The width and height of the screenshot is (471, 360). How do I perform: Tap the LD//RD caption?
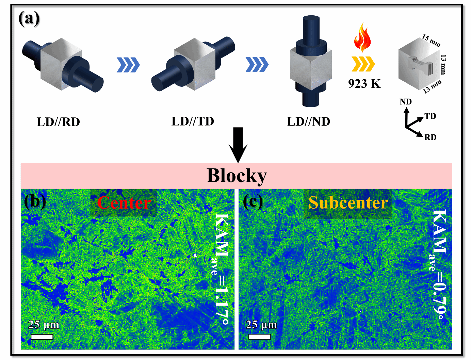[x=58, y=122]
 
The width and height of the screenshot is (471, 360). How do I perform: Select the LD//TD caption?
[x=193, y=121]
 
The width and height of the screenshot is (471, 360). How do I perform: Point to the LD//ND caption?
[x=308, y=121]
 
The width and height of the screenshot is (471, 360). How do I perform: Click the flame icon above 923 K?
[x=362, y=37]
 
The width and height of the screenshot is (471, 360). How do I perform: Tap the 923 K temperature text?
[x=364, y=83]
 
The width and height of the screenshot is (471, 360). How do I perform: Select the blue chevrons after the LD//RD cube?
[x=128, y=65]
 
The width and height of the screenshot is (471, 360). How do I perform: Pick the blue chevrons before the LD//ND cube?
[x=257, y=65]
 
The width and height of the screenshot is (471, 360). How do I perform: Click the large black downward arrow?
[x=238, y=144]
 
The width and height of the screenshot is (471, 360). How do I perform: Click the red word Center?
[x=124, y=203]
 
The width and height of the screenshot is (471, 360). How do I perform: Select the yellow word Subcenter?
[x=348, y=203]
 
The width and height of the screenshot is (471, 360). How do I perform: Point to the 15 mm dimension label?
[x=431, y=40]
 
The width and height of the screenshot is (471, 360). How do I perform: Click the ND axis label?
[x=406, y=102]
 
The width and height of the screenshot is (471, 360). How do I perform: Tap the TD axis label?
[x=430, y=116]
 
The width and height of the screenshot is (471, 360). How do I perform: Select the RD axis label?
[x=430, y=137]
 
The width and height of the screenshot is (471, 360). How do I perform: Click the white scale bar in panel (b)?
[x=42, y=337]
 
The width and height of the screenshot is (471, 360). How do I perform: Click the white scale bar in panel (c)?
[x=260, y=337]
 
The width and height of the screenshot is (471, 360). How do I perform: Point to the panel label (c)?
[x=253, y=202]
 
